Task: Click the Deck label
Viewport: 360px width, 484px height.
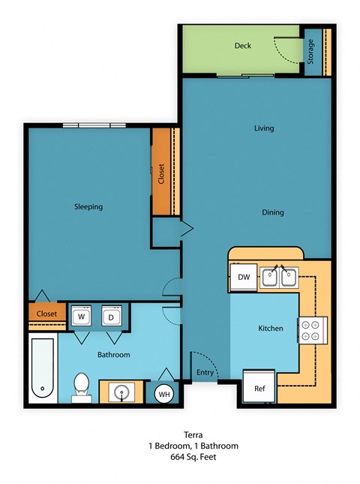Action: pyautogui.click(x=242, y=46)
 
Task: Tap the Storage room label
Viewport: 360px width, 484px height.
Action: pyautogui.click(x=311, y=51)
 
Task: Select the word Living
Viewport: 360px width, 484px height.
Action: pyautogui.click(x=263, y=128)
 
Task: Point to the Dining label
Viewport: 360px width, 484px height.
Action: pyautogui.click(x=272, y=212)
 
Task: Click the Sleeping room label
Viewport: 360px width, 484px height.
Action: pyautogui.click(x=88, y=207)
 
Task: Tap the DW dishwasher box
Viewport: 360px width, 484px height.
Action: pyautogui.click(x=244, y=278)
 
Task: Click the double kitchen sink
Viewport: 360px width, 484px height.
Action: pyautogui.click(x=279, y=278)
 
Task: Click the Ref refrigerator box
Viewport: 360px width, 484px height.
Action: pyautogui.click(x=259, y=389)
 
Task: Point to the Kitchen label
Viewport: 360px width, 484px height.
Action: pyautogui.click(x=270, y=329)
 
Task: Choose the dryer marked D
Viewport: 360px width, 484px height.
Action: pyautogui.click(x=111, y=317)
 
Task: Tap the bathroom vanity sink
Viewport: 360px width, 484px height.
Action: pyautogui.click(x=121, y=391)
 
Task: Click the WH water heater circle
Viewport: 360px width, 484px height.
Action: pyautogui.click(x=164, y=393)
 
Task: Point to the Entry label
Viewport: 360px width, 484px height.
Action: pyautogui.click(x=205, y=373)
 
